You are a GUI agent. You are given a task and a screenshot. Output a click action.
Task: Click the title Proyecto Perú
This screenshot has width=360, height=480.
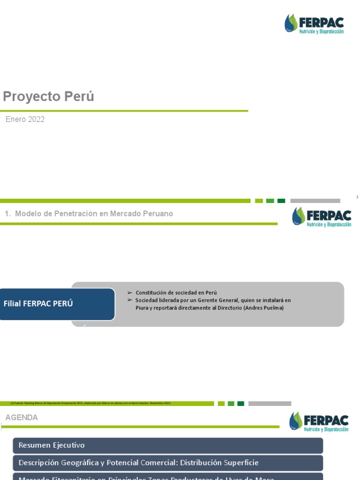pos(48,97)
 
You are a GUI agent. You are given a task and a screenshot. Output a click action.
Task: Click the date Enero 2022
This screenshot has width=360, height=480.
pos(25,120)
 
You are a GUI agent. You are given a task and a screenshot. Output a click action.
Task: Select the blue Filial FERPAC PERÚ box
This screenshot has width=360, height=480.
pos(56,304)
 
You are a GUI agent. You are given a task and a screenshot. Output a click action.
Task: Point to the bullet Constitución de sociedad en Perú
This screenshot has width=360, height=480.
pos(176,292)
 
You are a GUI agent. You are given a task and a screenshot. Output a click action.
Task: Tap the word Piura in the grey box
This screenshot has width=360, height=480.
pos(142,308)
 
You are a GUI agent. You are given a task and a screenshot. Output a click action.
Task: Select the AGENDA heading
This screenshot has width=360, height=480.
pos(22,418)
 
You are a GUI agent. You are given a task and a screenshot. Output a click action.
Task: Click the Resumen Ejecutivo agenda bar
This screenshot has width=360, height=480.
pos(168,445)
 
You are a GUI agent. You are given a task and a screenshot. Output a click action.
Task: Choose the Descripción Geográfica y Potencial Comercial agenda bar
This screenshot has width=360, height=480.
pos(168,463)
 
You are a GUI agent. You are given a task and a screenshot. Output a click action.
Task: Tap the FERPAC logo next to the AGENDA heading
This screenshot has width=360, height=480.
pos(319,421)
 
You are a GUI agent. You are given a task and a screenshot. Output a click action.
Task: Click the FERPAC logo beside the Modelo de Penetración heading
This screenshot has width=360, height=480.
pos(322,217)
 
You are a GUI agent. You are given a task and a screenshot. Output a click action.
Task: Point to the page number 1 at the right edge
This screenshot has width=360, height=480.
pos(357,197)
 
